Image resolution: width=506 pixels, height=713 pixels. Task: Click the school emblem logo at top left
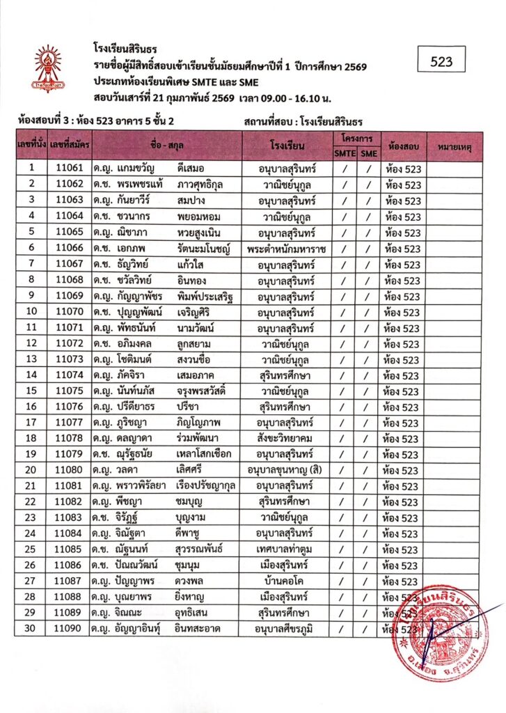tap(47, 69)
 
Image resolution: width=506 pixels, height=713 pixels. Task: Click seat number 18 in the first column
tap(32, 439)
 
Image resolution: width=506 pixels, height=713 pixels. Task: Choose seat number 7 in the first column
tap(32, 264)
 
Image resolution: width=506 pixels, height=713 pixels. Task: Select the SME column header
tap(368, 153)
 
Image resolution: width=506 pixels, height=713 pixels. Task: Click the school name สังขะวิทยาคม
tap(287, 439)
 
